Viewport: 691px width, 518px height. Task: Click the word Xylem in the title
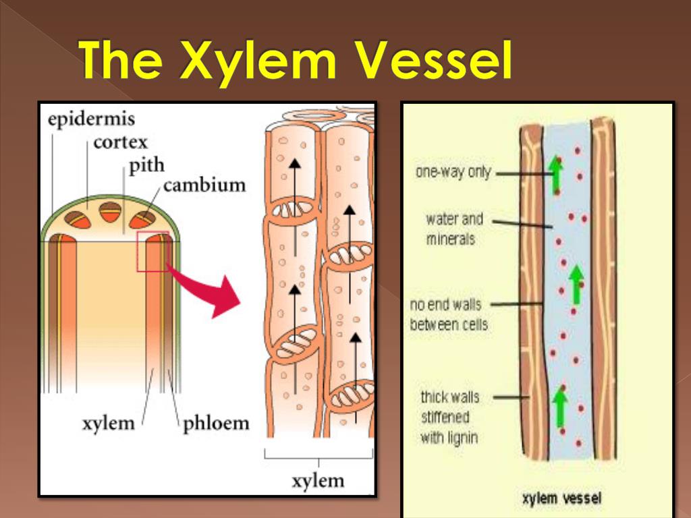pos(260,62)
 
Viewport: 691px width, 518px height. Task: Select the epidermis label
pos(91,120)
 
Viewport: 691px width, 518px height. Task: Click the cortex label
pos(120,142)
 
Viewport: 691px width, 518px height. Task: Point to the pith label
pos(146,165)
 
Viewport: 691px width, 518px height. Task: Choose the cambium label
pos(204,184)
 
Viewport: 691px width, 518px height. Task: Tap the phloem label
pos(216,424)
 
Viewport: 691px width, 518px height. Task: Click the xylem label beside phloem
pos(109,424)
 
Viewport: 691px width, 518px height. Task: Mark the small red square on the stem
pos(153,251)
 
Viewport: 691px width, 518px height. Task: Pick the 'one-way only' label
pos(453,172)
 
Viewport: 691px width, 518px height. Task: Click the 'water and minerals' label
pos(454,229)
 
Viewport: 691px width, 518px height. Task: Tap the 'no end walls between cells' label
pos(448,314)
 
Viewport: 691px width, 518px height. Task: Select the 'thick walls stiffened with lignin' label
pos(449,417)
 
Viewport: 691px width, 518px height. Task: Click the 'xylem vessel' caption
pos(561,499)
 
